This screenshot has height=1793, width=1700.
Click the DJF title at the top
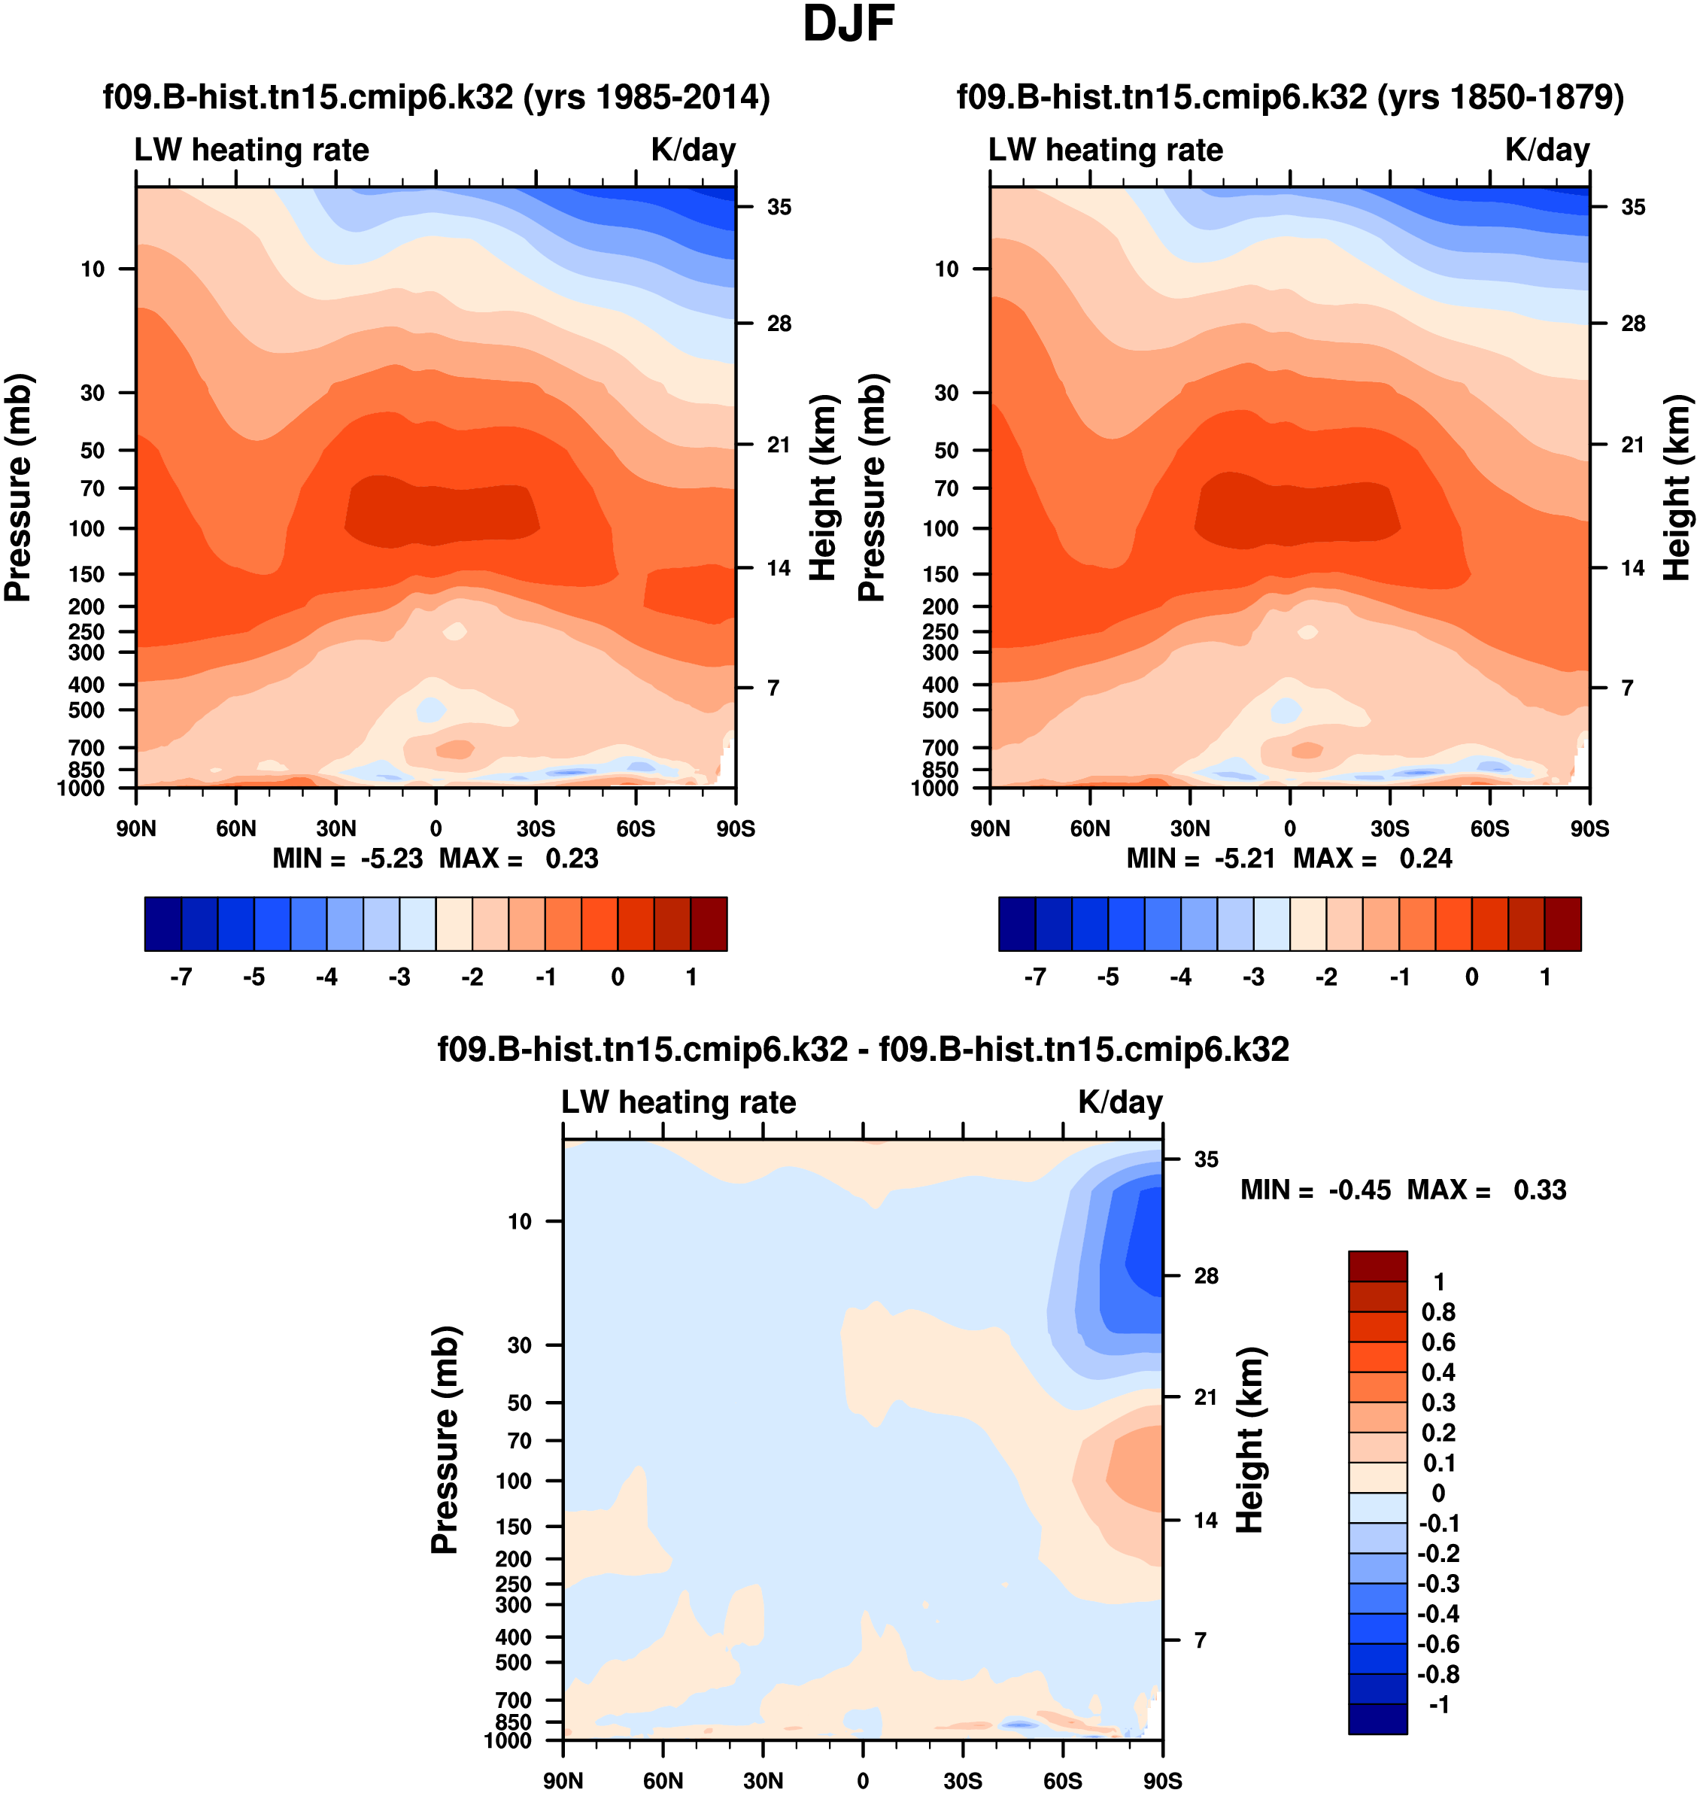pos(848,26)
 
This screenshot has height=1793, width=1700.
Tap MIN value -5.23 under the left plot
pos(391,859)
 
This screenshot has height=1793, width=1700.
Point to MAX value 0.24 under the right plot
pos(1425,859)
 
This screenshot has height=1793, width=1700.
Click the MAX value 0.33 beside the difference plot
pos(1540,1190)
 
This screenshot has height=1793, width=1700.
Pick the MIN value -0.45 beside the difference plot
pos(1359,1190)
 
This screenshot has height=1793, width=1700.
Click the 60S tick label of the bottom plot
pos(1062,1780)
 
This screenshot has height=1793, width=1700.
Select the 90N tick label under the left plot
pos(136,828)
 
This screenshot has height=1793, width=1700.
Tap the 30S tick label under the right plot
pos(1389,828)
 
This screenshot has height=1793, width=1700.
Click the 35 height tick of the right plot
pos(1633,208)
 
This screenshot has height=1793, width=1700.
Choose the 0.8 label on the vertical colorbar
pos(1438,1311)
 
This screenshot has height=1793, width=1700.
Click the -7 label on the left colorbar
pos(181,977)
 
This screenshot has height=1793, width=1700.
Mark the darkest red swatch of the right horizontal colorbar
pos(1562,924)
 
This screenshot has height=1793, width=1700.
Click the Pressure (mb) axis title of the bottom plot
pos(445,1439)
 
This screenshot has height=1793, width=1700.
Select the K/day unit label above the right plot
pos(1547,150)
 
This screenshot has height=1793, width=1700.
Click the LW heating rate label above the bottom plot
pos(678,1102)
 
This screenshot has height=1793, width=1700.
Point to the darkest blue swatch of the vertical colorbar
pos(1377,1719)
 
